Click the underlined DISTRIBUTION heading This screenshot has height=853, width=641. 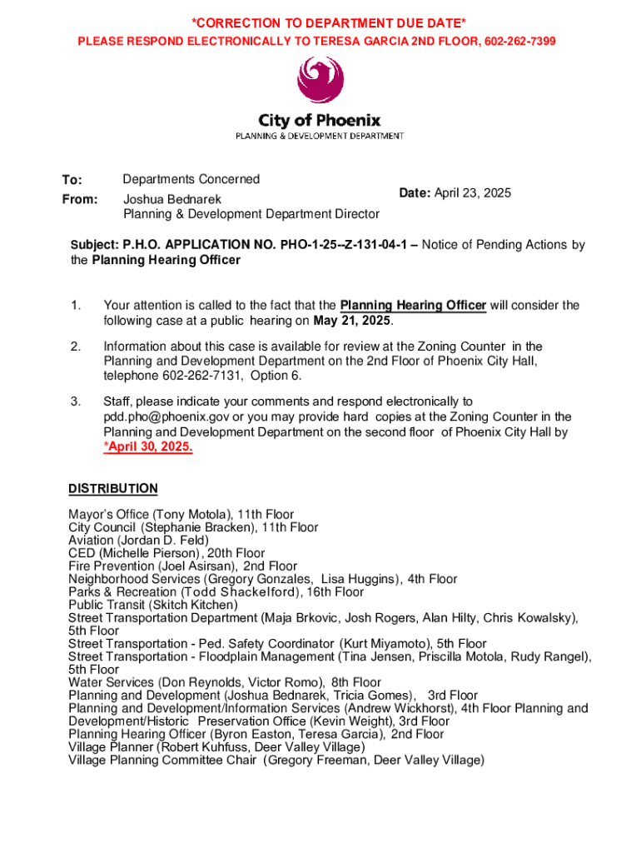pyautogui.click(x=112, y=488)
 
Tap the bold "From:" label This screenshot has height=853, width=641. pyautogui.click(x=80, y=200)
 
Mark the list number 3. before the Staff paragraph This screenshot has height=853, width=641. pyautogui.click(x=75, y=402)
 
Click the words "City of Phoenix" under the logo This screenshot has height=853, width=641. pyautogui.click(x=320, y=121)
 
